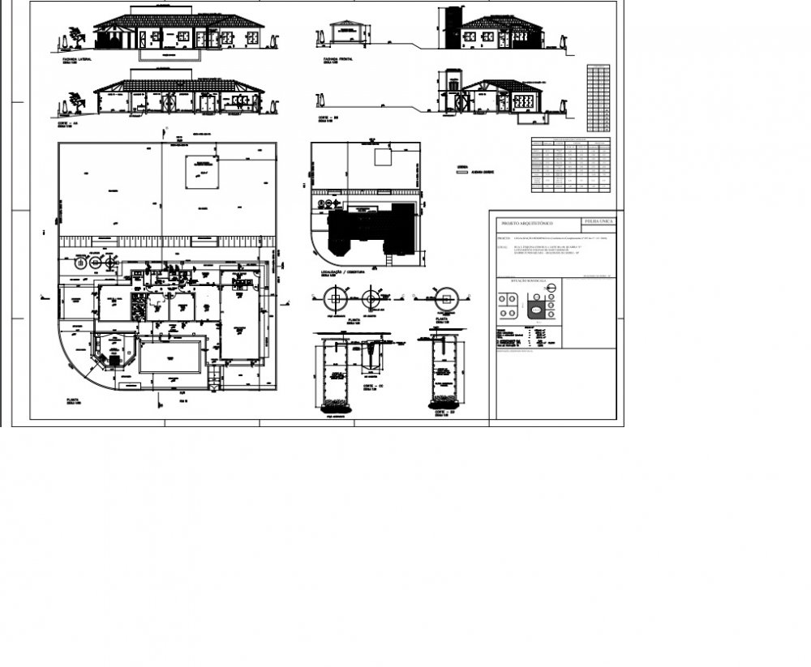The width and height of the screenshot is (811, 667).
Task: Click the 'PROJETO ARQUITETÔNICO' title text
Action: click(x=527, y=222)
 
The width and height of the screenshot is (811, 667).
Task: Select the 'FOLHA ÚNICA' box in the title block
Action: click(x=599, y=220)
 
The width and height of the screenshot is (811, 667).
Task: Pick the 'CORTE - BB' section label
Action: click(x=329, y=118)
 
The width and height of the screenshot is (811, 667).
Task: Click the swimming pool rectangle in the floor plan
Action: click(x=170, y=357)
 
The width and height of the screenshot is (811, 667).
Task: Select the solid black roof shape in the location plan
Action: click(x=369, y=229)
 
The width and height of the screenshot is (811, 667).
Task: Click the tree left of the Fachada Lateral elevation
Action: click(x=75, y=36)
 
